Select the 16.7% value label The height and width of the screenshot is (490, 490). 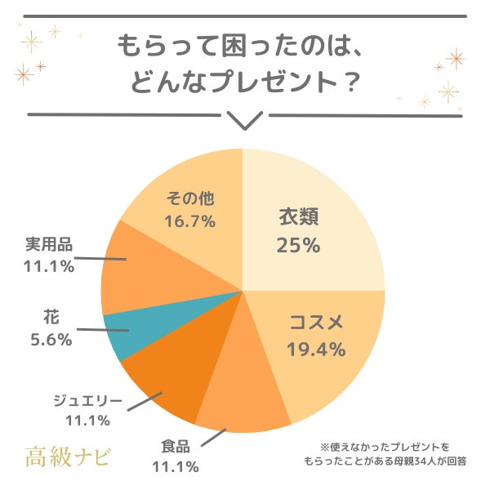pos(190,220)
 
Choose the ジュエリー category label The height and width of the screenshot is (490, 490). pos(87,400)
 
